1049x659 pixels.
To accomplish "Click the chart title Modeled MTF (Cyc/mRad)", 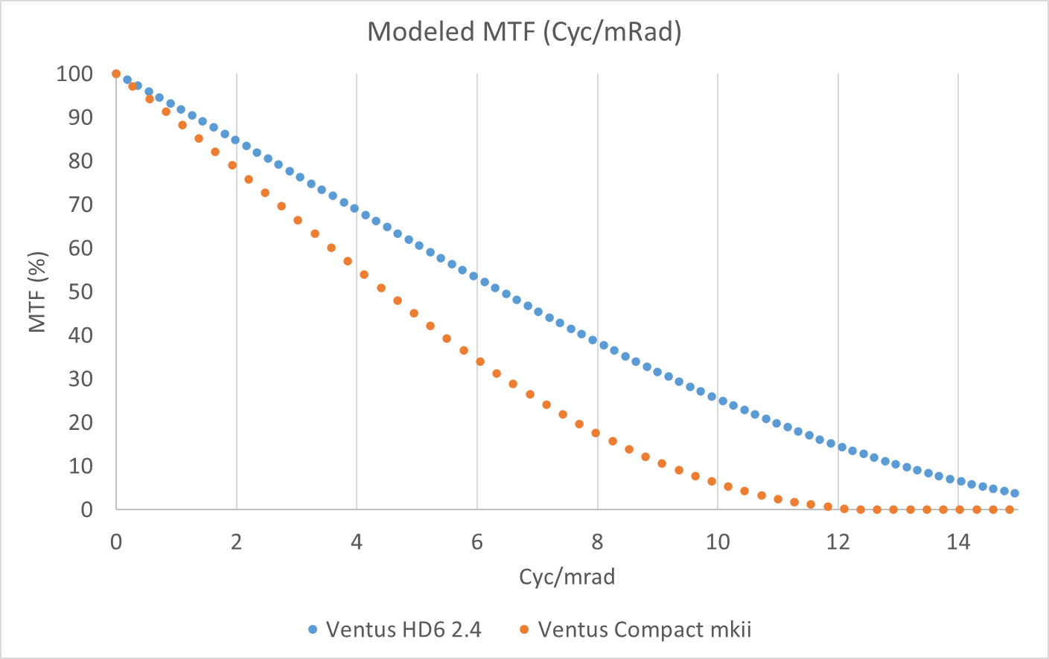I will click(x=524, y=32).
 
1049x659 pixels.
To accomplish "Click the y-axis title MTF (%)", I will click(x=38, y=292).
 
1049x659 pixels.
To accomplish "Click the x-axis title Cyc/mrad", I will click(x=567, y=576).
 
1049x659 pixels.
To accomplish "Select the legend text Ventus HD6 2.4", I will click(x=404, y=630).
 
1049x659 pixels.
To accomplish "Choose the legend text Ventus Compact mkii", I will click(x=645, y=630).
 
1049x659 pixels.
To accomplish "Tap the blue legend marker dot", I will click(x=313, y=630).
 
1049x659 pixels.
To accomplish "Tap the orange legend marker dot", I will click(x=524, y=630).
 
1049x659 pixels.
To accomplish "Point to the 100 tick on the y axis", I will click(x=74, y=74).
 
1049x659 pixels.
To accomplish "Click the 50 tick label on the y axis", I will click(x=80, y=292).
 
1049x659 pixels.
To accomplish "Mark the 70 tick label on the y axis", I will click(x=80, y=205).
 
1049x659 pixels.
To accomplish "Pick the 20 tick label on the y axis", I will click(x=80, y=422).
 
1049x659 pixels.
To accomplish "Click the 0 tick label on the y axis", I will click(x=87, y=509).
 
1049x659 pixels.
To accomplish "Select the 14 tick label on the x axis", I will click(x=958, y=542).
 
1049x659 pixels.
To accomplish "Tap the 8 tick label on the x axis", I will click(x=597, y=542).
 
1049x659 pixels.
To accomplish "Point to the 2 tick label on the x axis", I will click(x=236, y=542).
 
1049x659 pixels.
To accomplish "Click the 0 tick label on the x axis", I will click(x=116, y=542).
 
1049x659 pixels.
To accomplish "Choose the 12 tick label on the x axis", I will click(x=838, y=542).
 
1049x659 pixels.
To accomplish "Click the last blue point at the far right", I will click(x=1014, y=493).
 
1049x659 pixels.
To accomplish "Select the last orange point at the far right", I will click(x=1010, y=509).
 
